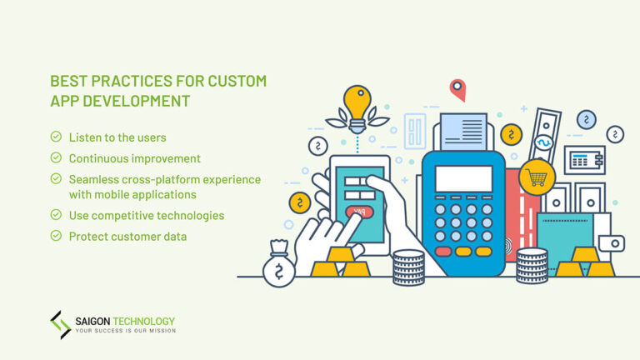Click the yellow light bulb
[357, 102]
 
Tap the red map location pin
[457, 88]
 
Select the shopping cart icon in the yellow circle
[537, 177]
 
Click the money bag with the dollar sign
[278, 265]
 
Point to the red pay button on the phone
[359, 212]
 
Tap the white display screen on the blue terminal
[462, 178]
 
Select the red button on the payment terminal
[443, 251]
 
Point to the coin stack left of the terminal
[408, 267]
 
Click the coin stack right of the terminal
[532, 266]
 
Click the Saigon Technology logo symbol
[60, 324]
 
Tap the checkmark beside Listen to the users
[56, 135]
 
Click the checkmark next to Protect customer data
[56, 236]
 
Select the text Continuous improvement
[134, 157]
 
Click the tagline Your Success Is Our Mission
[125, 332]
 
